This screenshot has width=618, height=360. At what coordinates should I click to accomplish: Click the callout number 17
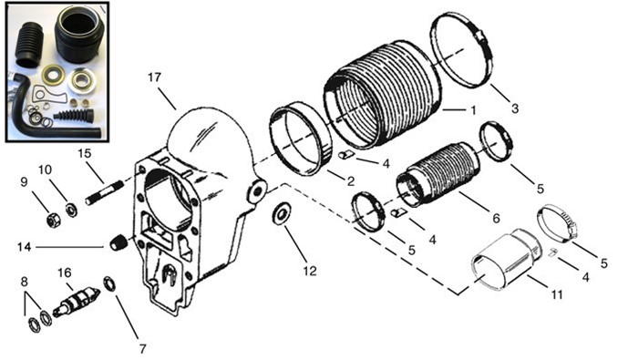pos(155,77)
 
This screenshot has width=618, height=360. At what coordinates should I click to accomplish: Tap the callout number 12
pos(310,271)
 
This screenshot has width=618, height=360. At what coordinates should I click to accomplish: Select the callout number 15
pos(85,153)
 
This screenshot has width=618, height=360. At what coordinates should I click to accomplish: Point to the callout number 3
pos(515,108)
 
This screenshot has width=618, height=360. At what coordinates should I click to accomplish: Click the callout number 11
pos(557,294)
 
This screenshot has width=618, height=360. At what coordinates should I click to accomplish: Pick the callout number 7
pos(143,348)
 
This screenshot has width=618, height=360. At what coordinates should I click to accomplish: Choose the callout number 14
pos(25,247)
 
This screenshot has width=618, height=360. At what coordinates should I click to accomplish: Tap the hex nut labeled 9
pos(53,220)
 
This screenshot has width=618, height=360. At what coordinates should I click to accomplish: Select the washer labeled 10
pos(72,209)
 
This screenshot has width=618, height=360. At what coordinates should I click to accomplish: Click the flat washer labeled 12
pos(282,214)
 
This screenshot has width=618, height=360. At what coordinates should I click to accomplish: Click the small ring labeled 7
pos(109,284)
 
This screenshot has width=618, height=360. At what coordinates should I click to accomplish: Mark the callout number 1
pos(473,109)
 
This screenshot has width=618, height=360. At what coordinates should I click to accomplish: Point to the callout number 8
pos(25,282)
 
